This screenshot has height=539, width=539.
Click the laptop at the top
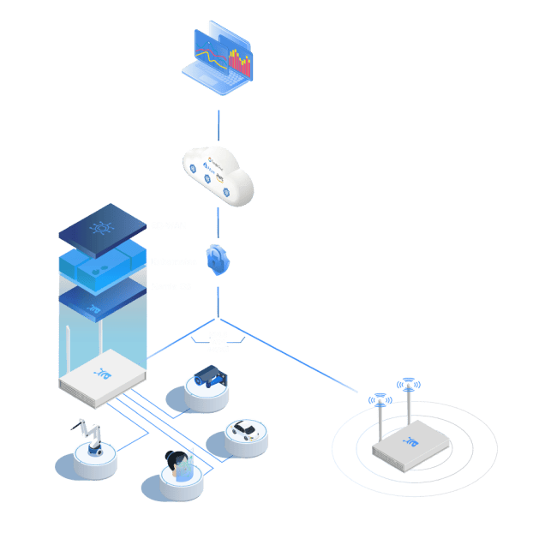[x=219, y=62]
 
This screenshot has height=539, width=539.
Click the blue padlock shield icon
[x=218, y=258]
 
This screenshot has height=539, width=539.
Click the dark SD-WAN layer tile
[x=101, y=226]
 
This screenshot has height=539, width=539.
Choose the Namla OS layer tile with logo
[x=101, y=301]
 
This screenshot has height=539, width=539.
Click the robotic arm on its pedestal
[x=93, y=438]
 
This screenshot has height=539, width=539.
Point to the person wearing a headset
[x=180, y=464]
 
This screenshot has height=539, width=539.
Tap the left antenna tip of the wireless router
[x=378, y=399]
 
